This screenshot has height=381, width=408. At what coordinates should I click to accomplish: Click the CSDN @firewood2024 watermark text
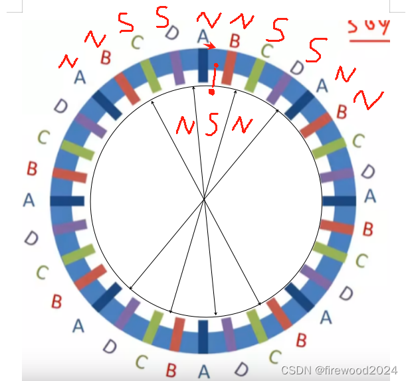(339, 370)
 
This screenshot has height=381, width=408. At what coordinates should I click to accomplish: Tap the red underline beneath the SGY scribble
(369, 41)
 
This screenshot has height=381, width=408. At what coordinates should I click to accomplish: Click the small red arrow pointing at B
(210, 46)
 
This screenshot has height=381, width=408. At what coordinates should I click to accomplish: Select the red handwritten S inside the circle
(211, 125)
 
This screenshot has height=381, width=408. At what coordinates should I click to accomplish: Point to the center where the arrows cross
(205, 198)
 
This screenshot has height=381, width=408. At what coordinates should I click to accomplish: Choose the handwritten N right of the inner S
(242, 123)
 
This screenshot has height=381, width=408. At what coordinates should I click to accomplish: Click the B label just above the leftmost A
(31, 169)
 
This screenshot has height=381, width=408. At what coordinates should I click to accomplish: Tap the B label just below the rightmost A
(367, 229)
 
